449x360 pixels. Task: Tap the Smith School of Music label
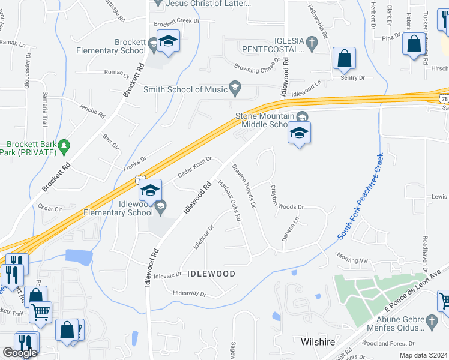tap(185, 90)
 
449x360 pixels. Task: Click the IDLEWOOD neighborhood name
tap(211, 274)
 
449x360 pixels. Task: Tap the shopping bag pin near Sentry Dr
tap(345, 58)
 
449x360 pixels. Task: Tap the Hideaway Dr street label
tap(189, 294)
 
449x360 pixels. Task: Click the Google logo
tap(20, 353)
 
